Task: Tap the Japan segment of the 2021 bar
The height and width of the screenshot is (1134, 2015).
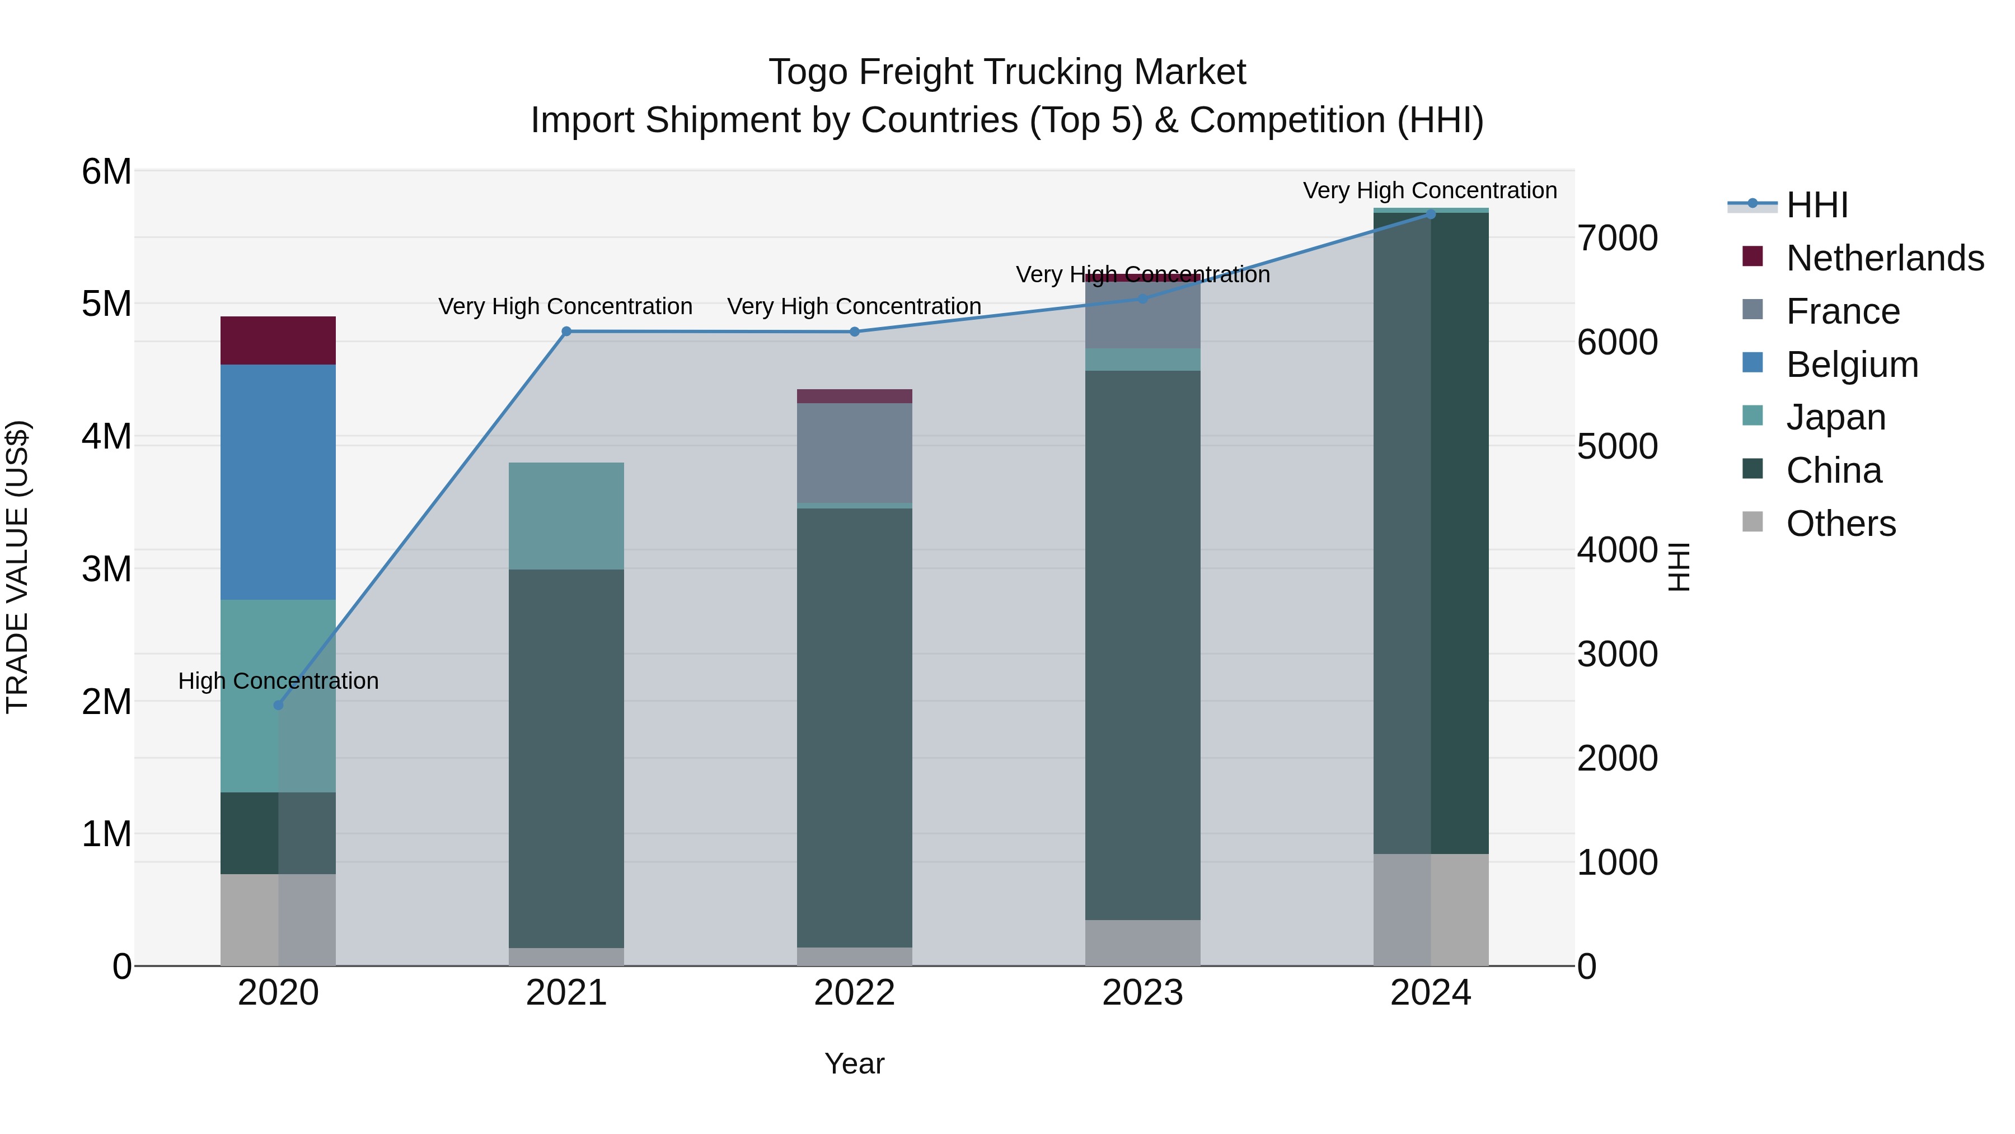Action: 566,516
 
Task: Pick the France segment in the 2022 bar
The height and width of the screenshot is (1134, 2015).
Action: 854,453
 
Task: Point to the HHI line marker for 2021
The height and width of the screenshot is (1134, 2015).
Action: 566,331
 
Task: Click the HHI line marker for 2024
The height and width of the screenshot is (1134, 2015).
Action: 1431,214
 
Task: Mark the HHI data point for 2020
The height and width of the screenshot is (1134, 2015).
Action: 279,705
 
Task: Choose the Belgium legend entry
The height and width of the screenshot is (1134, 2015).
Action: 1852,365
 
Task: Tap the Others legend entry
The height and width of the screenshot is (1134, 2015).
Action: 1840,524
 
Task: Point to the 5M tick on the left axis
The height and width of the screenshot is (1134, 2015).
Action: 106,304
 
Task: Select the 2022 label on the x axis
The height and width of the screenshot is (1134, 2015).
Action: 854,993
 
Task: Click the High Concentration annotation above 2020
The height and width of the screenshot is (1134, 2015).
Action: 279,681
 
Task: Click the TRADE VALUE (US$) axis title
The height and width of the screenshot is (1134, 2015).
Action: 17,567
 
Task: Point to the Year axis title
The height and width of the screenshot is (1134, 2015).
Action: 854,1063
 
